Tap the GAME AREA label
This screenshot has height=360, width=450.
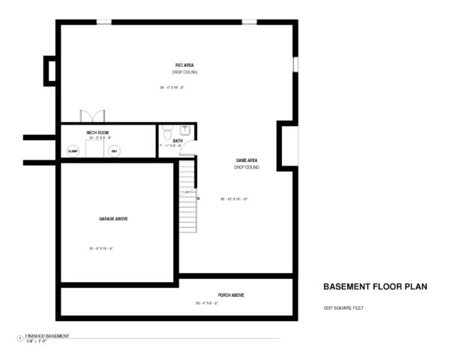[247, 160]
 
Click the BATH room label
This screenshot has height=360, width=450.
[178, 140]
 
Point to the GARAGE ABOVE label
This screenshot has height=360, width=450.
[112, 218]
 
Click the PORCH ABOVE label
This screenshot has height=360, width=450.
[230, 295]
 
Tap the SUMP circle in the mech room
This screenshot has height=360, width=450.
[73, 151]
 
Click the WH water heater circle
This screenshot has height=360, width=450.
[115, 151]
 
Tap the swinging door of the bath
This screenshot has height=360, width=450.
[188, 150]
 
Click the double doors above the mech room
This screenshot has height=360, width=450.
[91, 117]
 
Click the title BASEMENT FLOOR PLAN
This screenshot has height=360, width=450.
[374, 286]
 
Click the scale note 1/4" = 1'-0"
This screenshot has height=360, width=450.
[37, 341]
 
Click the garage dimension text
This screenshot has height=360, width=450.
[100, 248]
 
